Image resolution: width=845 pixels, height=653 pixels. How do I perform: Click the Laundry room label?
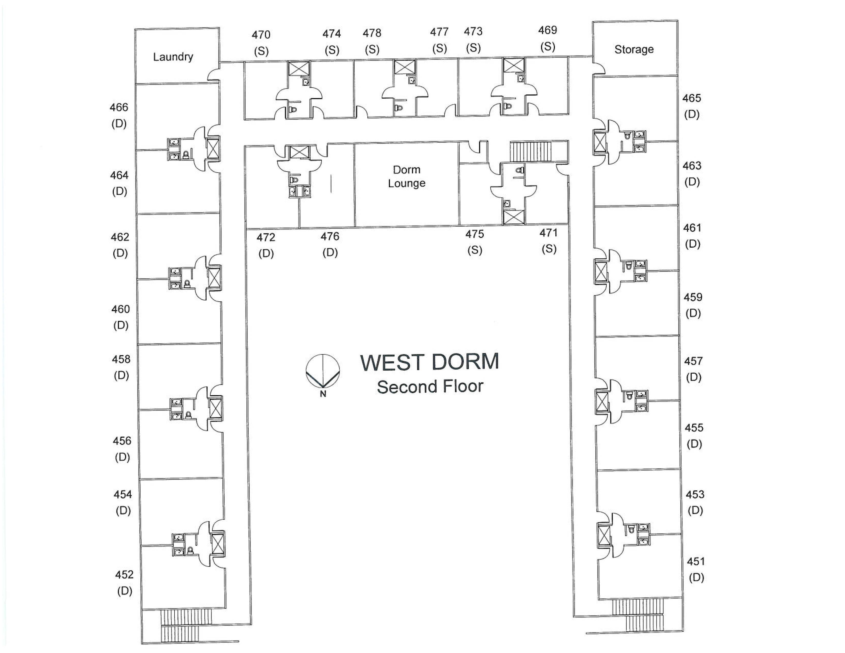tap(173, 57)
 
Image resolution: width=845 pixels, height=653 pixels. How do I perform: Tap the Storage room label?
tap(634, 49)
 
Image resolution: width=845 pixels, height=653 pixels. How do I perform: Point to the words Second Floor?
tap(430, 386)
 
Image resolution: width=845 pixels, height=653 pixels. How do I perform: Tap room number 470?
tap(261, 35)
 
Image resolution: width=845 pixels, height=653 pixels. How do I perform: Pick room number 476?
tap(330, 236)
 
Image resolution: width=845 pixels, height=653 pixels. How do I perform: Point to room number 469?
tap(547, 30)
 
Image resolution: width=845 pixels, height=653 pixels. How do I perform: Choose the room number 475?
tap(474, 234)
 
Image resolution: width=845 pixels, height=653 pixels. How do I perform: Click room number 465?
tap(691, 98)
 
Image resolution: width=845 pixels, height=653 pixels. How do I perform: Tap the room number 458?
tap(121, 359)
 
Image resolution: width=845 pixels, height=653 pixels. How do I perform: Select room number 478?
tap(372, 33)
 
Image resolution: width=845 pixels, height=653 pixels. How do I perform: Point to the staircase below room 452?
tap(186, 625)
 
